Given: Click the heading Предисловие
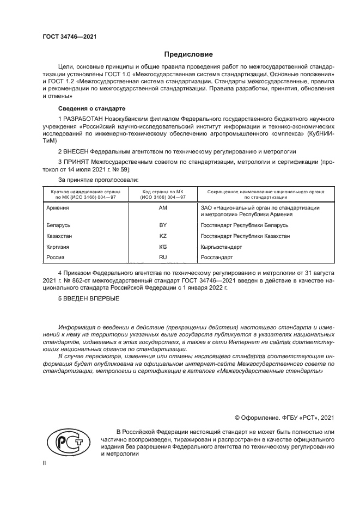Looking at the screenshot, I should [x=188, y=54].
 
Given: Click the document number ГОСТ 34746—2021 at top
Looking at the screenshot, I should [x=70, y=38].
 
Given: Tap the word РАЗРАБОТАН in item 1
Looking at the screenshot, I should [x=82, y=119].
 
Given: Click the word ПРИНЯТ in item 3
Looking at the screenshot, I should [x=76, y=162].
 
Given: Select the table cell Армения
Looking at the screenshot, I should [x=58, y=208].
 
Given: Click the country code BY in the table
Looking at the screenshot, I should [x=162, y=225].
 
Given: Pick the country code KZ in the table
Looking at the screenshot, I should [x=162, y=236].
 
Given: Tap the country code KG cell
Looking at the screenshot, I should [x=162, y=247].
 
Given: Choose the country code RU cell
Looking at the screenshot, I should [x=162, y=257].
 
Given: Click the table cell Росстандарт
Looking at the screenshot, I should [x=217, y=257].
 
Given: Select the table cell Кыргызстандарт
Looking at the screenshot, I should [x=221, y=247].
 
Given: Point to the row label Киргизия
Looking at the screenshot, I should [x=59, y=247].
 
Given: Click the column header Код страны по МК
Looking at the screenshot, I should [x=162, y=192].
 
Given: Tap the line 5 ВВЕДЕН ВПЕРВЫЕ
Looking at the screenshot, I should [x=88, y=298].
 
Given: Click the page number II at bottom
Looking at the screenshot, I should [x=45, y=463].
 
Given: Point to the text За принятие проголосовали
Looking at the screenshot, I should [x=98, y=179].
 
